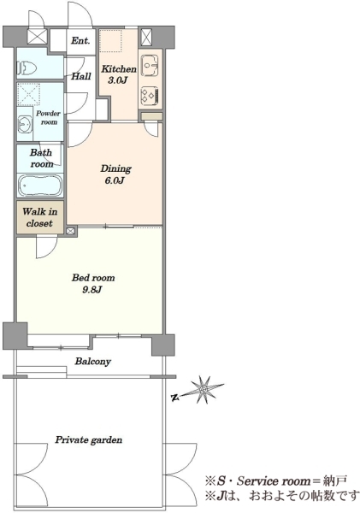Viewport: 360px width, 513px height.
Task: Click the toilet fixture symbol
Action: pyautogui.click(x=27, y=68)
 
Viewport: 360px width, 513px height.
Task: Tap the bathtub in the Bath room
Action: pyautogui.click(x=40, y=186)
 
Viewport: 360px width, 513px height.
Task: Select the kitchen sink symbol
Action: pyautogui.click(x=150, y=66)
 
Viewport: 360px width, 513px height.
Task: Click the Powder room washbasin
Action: pyautogui.click(x=25, y=124)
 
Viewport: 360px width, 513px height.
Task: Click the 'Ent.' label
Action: pyautogui.click(x=80, y=40)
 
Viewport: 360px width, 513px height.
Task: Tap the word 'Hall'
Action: pyautogui.click(x=81, y=77)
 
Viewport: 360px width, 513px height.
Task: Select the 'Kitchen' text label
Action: pyautogui.click(x=119, y=69)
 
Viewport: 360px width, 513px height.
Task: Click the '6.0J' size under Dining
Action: pyautogui.click(x=115, y=180)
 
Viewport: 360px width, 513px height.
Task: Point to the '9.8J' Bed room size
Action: pyautogui.click(x=92, y=290)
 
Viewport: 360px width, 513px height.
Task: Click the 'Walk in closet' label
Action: pyautogui.click(x=39, y=217)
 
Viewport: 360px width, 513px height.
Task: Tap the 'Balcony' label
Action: pyautogui.click(x=93, y=362)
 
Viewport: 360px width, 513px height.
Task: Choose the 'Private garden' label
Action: pyautogui.click(x=88, y=439)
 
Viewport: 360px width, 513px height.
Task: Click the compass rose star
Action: pyautogui.click(x=203, y=389)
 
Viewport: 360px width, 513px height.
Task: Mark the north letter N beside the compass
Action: pyautogui.click(x=175, y=398)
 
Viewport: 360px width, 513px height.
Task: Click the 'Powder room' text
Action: pyautogui.click(x=48, y=118)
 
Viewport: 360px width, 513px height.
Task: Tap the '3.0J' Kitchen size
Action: pyautogui.click(x=117, y=80)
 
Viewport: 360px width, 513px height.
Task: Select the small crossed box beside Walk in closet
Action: pyautogui.click(x=70, y=232)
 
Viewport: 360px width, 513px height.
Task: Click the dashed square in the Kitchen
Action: pyautogui.click(x=110, y=41)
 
